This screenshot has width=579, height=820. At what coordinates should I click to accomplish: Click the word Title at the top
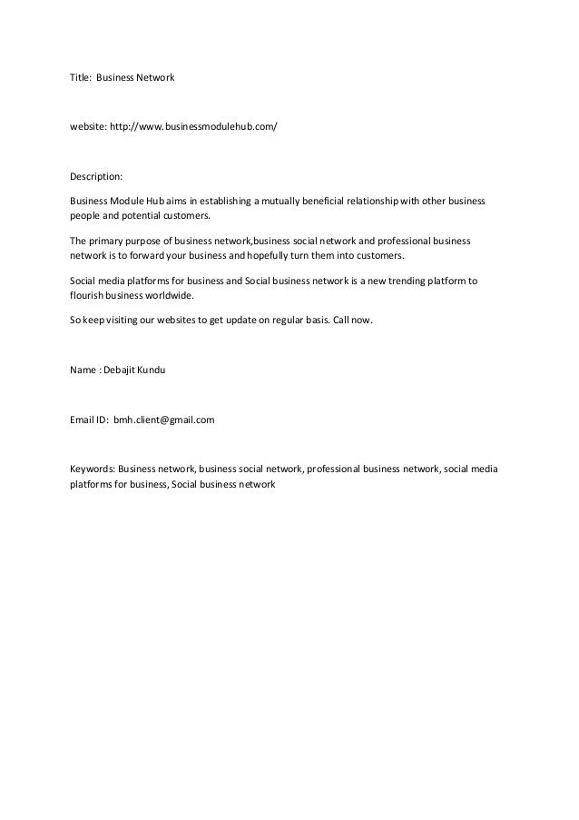point(82,79)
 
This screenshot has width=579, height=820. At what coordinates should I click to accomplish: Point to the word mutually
point(285,199)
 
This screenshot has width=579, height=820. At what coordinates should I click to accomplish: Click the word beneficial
point(338,199)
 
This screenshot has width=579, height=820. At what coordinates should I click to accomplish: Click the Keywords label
point(92,469)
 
